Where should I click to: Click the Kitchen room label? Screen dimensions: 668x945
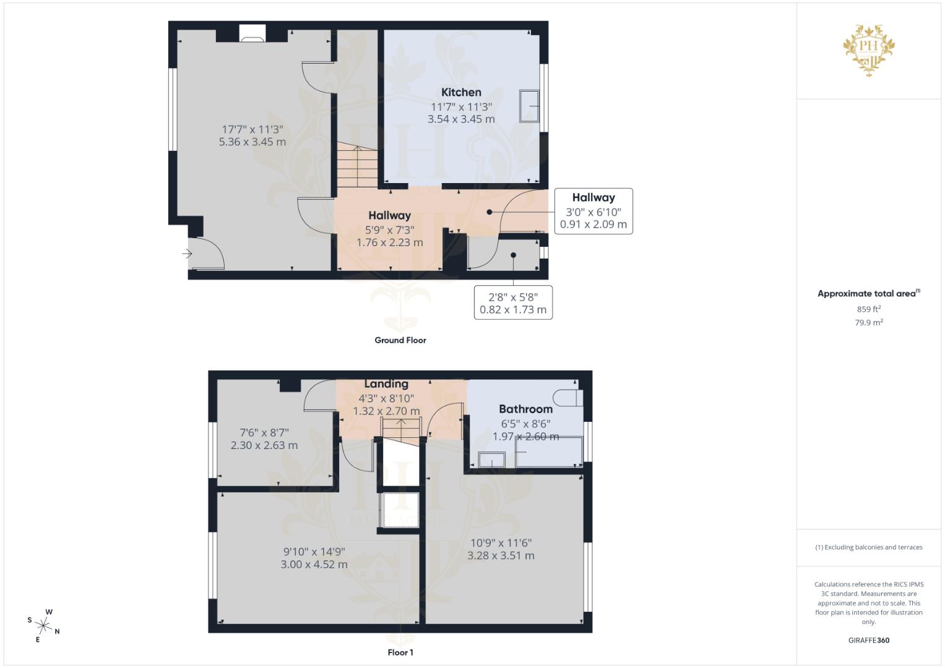(x=461, y=92)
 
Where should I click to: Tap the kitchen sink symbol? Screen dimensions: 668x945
(x=530, y=106)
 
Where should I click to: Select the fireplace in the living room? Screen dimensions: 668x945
(x=252, y=35)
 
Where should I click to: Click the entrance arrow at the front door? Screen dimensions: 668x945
(x=187, y=253)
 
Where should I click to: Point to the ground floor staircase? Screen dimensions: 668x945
(x=357, y=165)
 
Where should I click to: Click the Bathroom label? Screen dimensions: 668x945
(x=525, y=409)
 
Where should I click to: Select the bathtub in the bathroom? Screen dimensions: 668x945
(x=548, y=452)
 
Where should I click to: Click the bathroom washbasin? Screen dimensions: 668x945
(x=492, y=460)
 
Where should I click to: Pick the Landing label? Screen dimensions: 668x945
(x=386, y=384)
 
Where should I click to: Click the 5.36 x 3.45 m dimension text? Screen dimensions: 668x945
(x=252, y=142)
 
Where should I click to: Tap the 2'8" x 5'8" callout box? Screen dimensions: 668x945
(x=513, y=303)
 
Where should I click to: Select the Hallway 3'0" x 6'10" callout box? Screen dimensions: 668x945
(x=593, y=211)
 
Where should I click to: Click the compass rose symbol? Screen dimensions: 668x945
(x=43, y=625)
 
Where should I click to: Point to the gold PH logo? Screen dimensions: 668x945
(x=869, y=48)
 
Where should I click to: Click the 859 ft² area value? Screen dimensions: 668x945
(x=869, y=309)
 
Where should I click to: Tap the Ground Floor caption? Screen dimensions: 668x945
(x=400, y=340)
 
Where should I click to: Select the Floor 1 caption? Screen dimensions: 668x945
(x=400, y=653)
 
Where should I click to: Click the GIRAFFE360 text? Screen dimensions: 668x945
(x=869, y=640)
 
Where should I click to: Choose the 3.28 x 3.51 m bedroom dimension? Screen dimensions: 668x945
(x=501, y=555)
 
